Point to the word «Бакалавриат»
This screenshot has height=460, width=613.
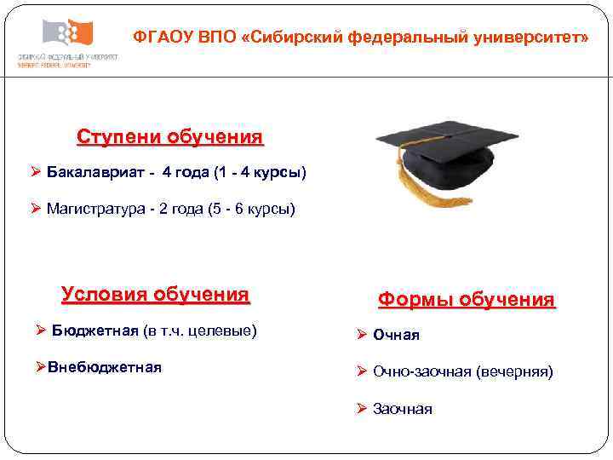click(89, 173)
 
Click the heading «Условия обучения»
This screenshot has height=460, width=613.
click(155, 295)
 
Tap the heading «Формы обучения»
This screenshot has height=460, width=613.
click(466, 300)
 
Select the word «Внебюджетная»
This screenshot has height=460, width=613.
click(105, 367)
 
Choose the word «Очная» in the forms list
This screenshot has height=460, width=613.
click(396, 335)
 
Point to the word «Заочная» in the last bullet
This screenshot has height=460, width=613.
click(402, 410)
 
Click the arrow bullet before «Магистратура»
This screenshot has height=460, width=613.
click(35, 209)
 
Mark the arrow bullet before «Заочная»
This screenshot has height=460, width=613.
click(361, 409)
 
